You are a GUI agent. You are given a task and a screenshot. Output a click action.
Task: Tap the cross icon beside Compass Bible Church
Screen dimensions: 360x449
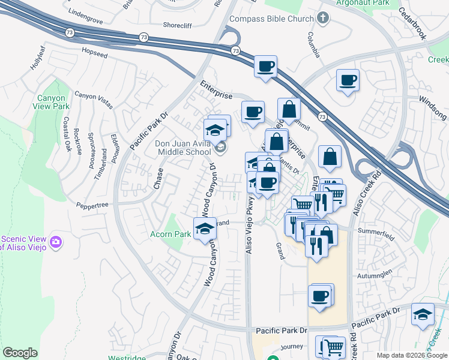[324, 18]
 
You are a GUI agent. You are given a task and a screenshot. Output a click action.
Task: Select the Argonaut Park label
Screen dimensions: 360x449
[363, 3]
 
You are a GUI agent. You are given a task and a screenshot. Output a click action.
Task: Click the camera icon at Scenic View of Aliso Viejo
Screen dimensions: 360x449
[56, 242]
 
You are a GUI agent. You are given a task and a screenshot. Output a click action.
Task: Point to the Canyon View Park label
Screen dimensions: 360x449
[53, 102]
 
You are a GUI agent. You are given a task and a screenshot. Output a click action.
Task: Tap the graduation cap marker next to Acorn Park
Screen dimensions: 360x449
[205, 228]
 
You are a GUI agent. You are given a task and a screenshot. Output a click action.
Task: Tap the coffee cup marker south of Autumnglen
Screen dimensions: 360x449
[321, 296]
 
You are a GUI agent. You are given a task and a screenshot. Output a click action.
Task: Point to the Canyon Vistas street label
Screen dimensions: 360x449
[93, 100]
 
